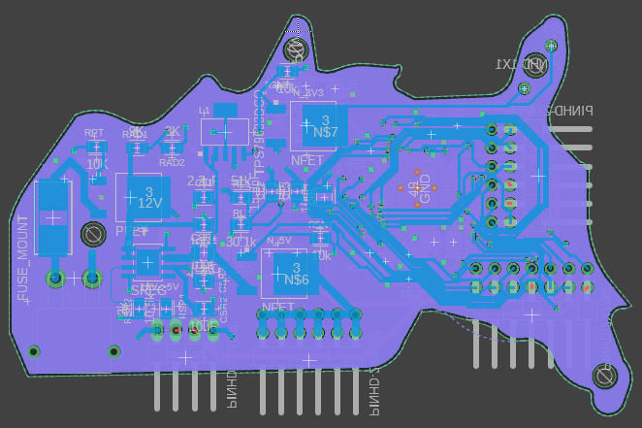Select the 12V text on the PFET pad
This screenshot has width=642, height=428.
tap(148, 204)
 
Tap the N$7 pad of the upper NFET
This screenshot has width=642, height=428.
tap(327, 132)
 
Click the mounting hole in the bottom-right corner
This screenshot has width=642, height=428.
tap(607, 375)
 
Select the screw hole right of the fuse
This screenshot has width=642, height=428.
tap(93, 234)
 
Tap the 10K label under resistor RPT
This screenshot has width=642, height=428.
tap(95, 164)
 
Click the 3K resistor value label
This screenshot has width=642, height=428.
tap(172, 132)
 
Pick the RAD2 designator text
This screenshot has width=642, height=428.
tap(172, 162)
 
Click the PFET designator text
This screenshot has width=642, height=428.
tap(131, 231)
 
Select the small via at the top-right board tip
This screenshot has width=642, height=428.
tap(552, 46)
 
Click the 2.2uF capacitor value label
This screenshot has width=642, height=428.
tap(201, 181)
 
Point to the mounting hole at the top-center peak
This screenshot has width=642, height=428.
tap(295, 51)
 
